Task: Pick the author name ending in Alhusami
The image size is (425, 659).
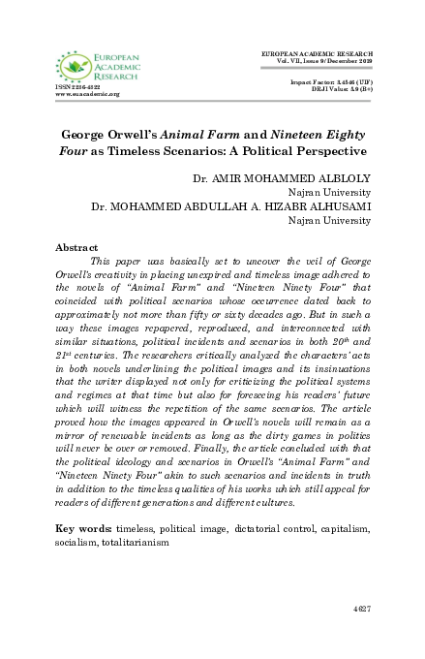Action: [x=232, y=206]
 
